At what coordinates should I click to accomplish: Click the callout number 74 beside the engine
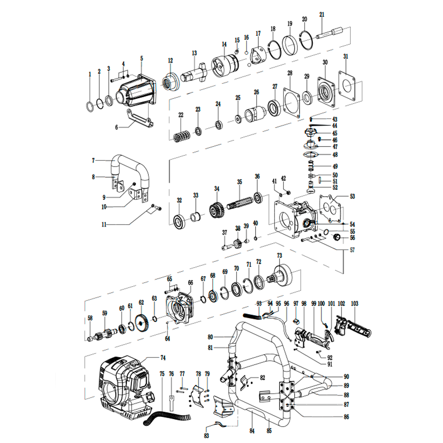(163, 357)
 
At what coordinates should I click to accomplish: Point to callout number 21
(322, 15)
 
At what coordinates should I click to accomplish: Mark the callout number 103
(354, 304)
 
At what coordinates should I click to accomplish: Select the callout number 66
(190, 282)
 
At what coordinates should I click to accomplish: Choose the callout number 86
(346, 416)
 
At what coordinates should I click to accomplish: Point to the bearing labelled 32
(179, 220)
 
